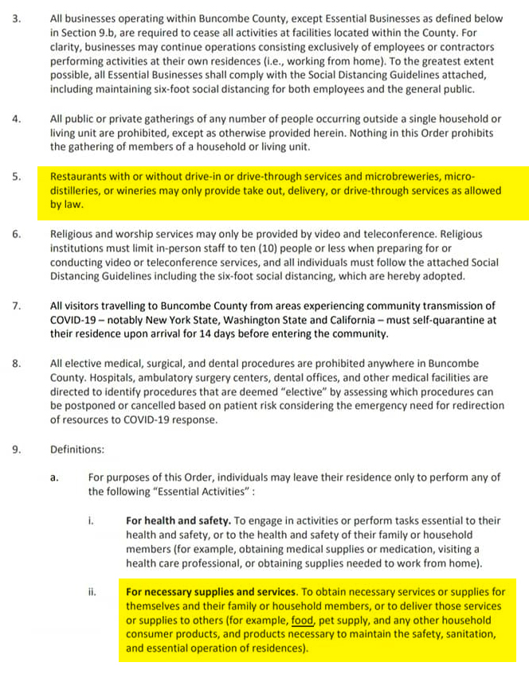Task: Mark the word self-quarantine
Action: point(431,320)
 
